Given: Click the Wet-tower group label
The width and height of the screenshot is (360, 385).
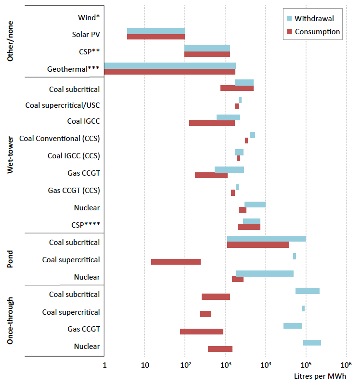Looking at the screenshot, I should tap(11, 155).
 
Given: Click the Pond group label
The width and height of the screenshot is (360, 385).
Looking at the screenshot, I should tap(11, 259).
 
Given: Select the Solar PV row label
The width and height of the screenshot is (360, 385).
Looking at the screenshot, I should tap(86, 35).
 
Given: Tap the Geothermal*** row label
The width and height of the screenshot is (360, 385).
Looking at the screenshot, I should tap(73, 69).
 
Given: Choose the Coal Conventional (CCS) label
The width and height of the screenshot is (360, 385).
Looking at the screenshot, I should tap(60, 139).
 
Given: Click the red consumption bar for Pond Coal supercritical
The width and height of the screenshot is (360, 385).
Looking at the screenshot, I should tap(176, 262).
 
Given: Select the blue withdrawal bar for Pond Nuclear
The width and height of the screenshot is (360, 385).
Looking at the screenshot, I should tap(265, 273).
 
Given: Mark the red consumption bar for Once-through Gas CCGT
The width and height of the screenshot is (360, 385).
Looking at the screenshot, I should tap(202, 332).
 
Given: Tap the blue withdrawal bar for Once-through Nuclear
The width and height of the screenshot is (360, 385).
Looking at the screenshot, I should tap(312, 343).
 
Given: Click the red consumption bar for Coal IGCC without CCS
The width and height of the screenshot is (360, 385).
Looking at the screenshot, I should tap(212, 123).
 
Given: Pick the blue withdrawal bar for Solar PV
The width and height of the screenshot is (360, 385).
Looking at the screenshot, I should tap(156, 31).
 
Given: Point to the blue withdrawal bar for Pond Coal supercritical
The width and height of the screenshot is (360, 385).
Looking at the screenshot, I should tap(295, 256).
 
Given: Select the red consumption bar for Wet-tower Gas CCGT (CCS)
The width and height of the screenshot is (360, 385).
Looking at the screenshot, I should tap(233, 192).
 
